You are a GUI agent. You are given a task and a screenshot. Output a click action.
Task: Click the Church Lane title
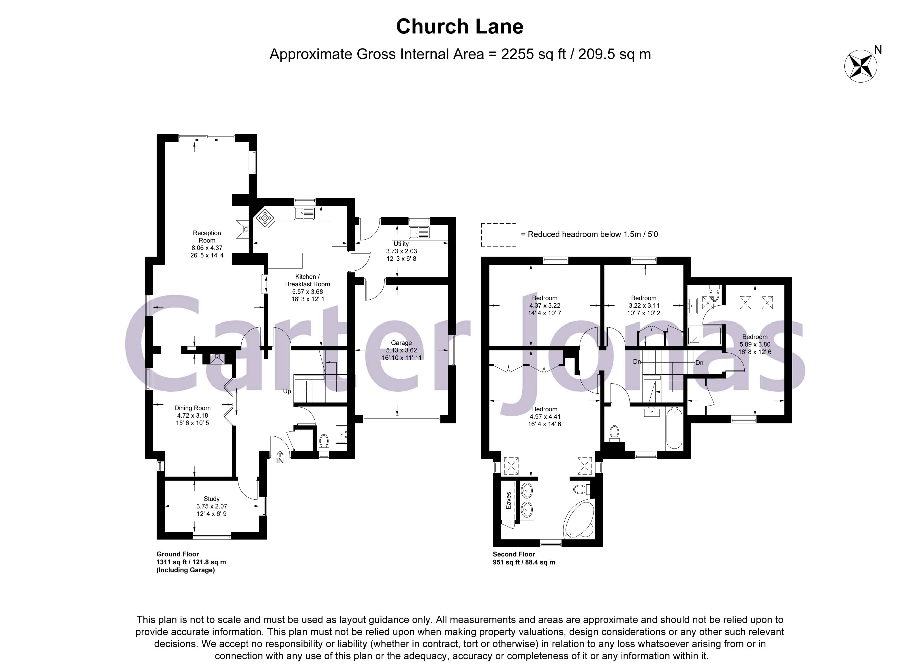460,27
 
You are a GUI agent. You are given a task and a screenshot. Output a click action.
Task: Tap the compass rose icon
860,66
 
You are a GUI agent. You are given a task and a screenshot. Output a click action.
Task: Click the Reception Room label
207,237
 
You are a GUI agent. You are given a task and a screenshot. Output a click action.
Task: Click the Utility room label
401,244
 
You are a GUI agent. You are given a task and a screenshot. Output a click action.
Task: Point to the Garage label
401,343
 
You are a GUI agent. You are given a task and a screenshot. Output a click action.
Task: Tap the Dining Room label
192,408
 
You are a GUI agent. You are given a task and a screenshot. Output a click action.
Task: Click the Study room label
211,498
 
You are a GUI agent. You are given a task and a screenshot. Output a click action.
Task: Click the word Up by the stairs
287,391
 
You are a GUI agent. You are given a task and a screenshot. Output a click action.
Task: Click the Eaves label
508,500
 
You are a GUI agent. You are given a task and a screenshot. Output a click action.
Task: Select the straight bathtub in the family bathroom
674,428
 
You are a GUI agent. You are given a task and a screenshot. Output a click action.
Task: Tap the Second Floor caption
514,554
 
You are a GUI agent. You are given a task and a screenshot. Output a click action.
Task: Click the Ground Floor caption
178,554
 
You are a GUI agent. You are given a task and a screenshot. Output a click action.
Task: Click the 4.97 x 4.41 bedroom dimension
545,416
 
